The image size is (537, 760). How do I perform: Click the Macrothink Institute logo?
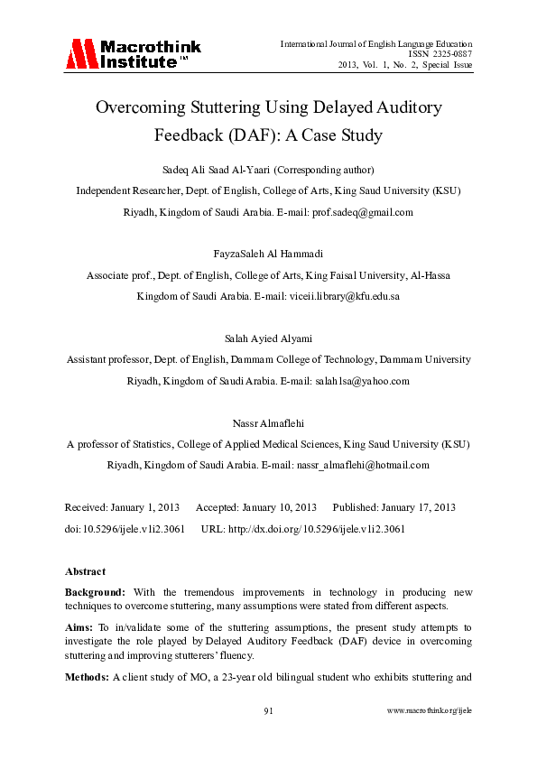point(132,54)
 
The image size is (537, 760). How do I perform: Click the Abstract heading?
point(85,571)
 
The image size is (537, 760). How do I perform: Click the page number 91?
point(268,710)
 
